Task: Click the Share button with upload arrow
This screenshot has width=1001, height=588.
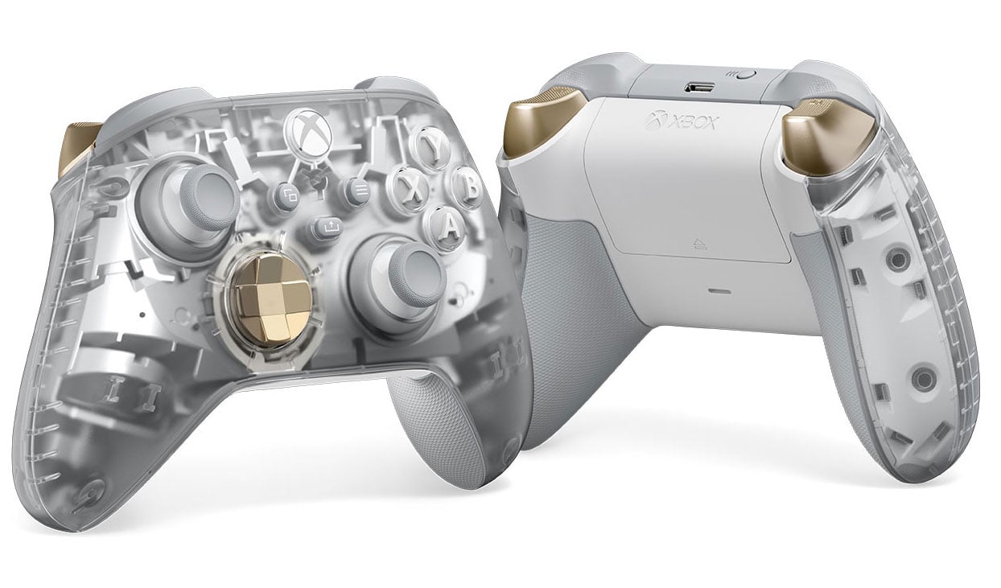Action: tap(327, 228)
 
